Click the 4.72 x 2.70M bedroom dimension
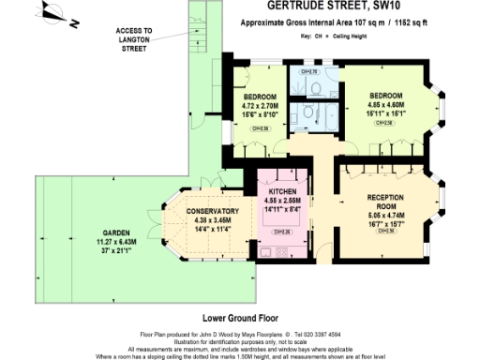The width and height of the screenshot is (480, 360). [259, 106]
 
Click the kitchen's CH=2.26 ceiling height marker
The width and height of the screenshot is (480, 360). [281, 232]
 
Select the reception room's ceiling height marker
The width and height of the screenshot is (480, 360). [386, 231]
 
